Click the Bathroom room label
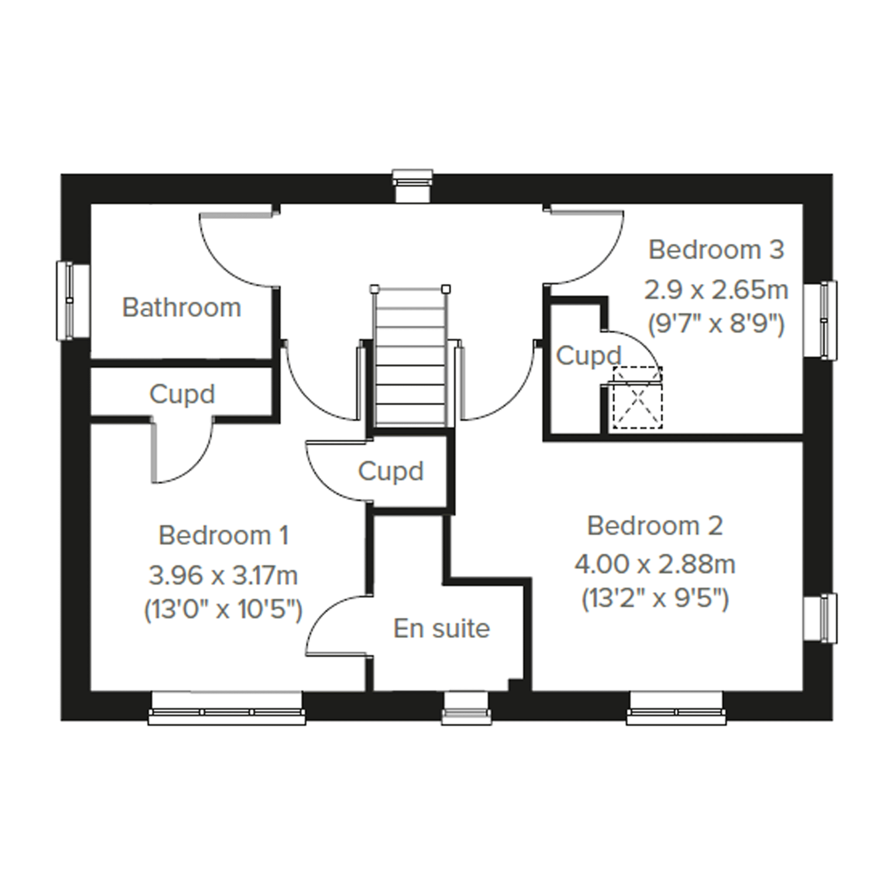[x=182, y=307]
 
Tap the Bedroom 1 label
[x=224, y=535]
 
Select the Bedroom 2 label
[x=655, y=526]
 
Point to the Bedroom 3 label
[x=716, y=250]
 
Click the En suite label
[x=441, y=628]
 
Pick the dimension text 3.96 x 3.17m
[x=223, y=575]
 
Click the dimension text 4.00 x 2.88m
[x=655, y=564]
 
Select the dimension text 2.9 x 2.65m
[x=716, y=290]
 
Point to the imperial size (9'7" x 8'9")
[x=716, y=324]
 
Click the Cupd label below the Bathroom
[x=182, y=394]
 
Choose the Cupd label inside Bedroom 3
[x=589, y=355]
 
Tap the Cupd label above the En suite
[x=391, y=471]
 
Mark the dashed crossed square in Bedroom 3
[x=638, y=398]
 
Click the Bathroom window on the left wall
[x=73, y=301]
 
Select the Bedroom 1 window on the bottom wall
[x=227, y=709]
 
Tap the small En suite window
[x=466, y=709]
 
